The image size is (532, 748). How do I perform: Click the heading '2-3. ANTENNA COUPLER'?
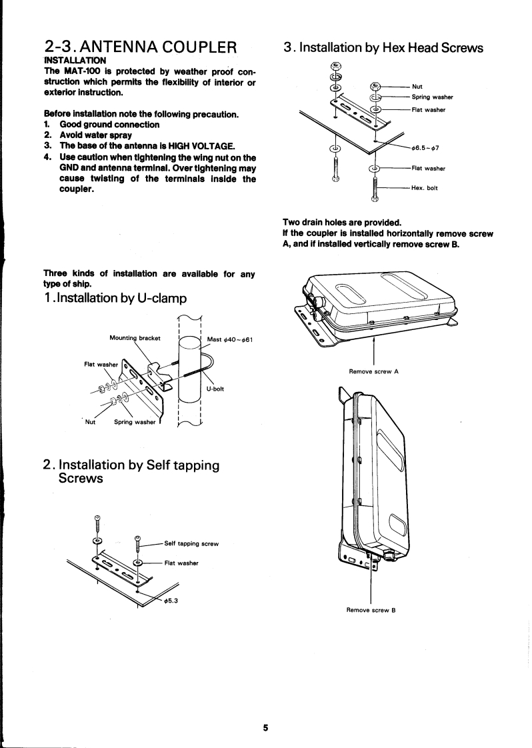140,48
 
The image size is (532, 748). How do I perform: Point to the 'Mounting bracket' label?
135,338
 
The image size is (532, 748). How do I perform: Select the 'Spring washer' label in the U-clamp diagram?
136,422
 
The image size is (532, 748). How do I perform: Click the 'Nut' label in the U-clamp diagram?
91,422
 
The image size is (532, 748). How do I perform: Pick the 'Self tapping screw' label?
192,543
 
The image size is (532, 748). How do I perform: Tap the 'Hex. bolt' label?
424,188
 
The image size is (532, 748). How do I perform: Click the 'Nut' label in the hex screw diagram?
417,86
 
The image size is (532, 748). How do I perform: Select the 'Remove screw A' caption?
373,371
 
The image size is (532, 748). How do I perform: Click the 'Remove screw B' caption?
371,610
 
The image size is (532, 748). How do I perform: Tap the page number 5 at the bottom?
265,728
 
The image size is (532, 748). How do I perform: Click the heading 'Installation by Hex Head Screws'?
383,47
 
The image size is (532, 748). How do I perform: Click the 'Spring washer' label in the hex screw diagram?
433,97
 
